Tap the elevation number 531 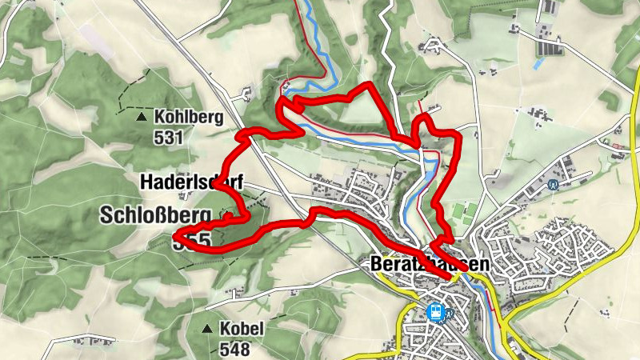pos(170,137)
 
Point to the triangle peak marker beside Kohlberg pos(142,117)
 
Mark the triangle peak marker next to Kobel pos(208,329)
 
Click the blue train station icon pos(436,311)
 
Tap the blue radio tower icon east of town pos(553,183)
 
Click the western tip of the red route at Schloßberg pos(176,236)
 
